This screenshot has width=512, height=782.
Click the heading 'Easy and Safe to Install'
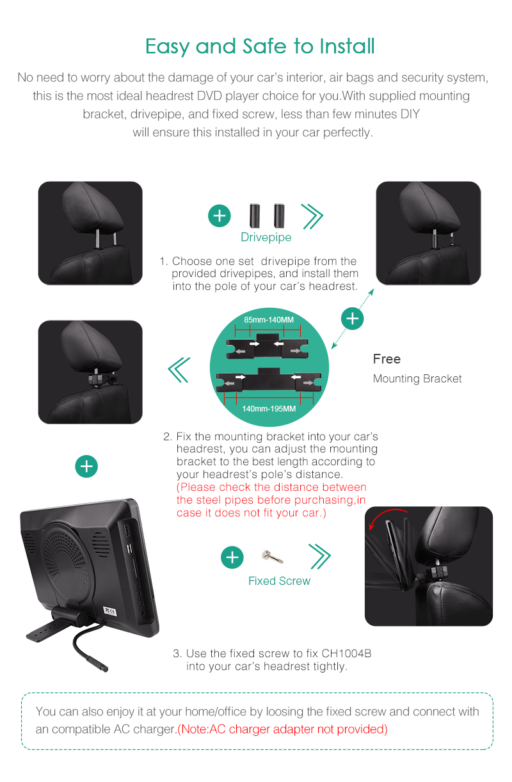click(260, 47)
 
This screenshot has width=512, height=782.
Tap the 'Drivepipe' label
click(266, 237)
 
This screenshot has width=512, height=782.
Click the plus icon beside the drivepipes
click(220, 216)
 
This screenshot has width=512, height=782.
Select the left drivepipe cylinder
click(255, 216)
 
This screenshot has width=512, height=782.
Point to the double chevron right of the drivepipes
click(312, 216)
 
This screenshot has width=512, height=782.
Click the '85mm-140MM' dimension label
click(269, 319)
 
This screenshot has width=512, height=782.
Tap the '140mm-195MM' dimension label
click(269, 408)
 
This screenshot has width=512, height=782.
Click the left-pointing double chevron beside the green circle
click(179, 370)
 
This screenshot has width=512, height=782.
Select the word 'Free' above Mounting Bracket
click(387, 359)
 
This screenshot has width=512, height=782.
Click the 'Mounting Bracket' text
click(417, 379)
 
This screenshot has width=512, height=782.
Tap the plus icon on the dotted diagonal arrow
click(352, 319)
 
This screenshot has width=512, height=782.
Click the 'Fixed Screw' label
click(279, 580)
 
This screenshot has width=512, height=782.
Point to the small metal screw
click(272, 556)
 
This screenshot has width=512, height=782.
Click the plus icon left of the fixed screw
click(232, 557)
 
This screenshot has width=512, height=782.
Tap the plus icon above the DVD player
click(86, 467)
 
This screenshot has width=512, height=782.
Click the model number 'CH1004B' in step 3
click(346, 653)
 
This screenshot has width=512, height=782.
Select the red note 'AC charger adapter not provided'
click(282, 729)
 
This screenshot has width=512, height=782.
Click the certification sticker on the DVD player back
click(110, 611)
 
